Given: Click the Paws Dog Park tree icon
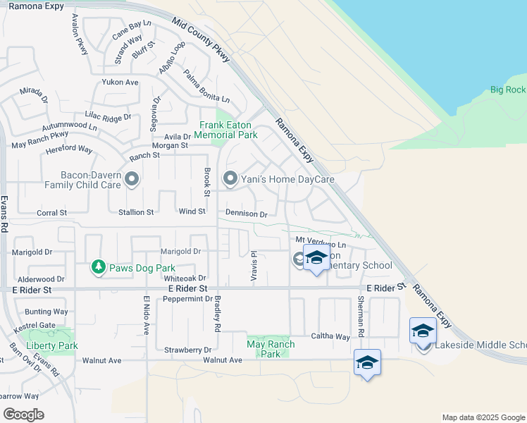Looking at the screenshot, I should point(99,267).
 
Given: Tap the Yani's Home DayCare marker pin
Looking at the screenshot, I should point(230,179).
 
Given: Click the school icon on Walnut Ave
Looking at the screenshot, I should point(367,363).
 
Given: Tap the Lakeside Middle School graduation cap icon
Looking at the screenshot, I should point(423,331).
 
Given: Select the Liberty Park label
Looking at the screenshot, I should point(51,345).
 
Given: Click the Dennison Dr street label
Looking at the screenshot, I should point(247,213).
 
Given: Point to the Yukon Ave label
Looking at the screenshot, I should point(120,82).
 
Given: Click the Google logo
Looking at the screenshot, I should point(23,414).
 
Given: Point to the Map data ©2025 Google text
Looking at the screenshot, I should point(483,417).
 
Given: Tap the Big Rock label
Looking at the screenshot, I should point(507,90).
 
